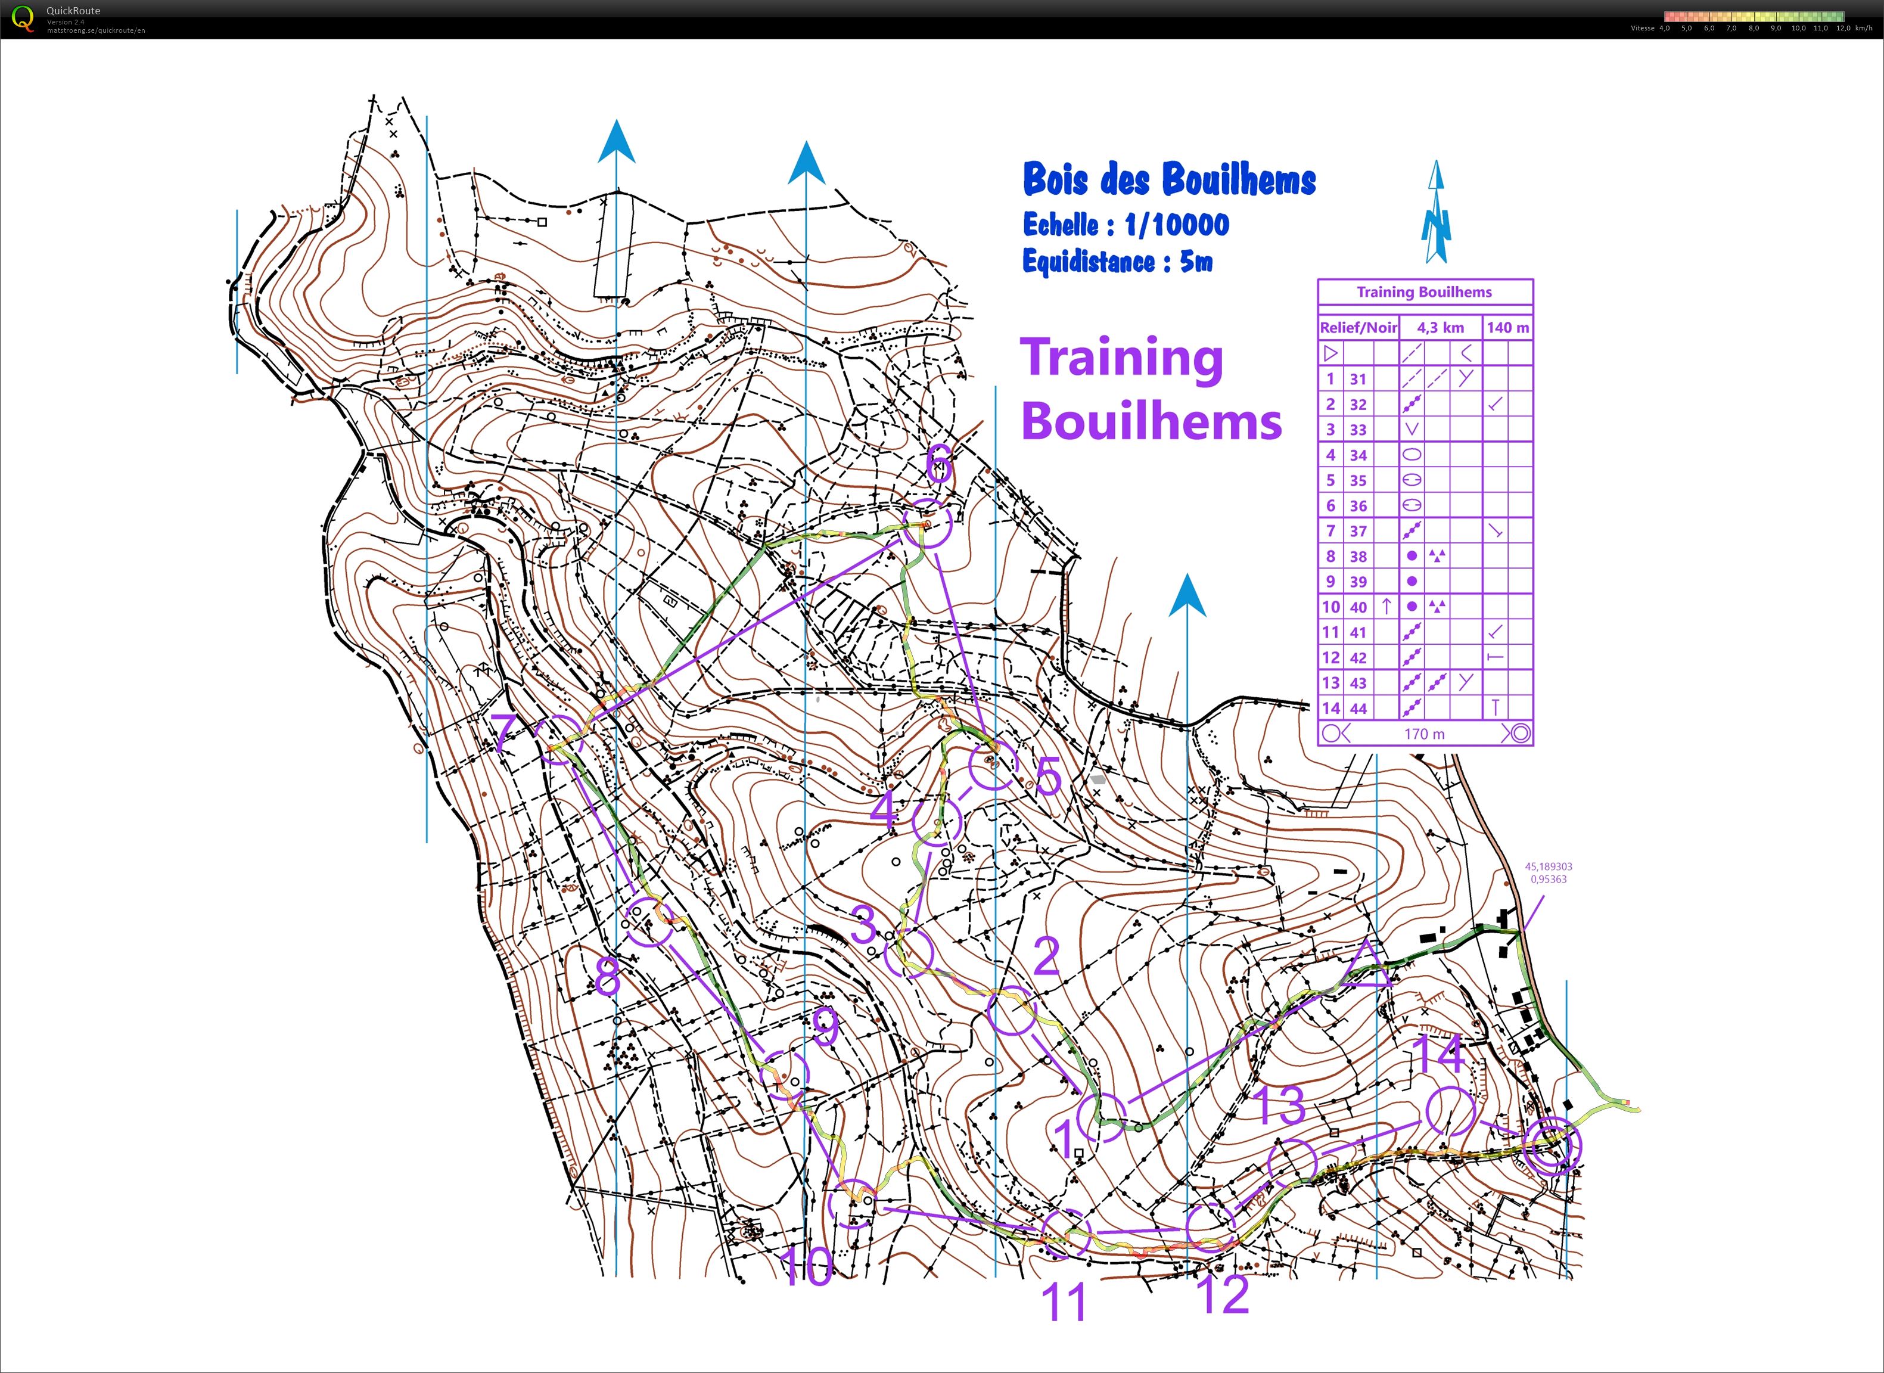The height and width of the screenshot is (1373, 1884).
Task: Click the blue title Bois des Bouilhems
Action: coord(1168,179)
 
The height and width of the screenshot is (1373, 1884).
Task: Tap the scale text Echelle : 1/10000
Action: coord(1126,225)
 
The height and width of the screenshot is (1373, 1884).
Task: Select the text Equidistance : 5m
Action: coord(1117,262)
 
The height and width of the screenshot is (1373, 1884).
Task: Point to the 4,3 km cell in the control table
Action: coord(1440,328)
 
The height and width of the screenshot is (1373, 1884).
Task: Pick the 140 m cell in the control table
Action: coord(1507,328)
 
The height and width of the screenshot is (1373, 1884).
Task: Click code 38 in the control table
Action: coord(1358,557)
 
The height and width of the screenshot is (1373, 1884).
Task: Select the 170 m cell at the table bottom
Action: coord(1425,734)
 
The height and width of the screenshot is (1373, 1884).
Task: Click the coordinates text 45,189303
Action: coord(1547,866)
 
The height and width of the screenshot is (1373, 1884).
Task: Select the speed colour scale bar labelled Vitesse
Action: coord(1754,17)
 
